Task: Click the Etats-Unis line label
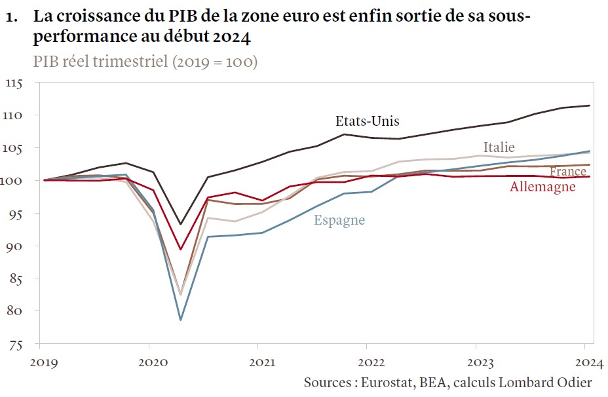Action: pyautogui.click(x=367, y=121)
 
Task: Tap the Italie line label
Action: pyautogui.click(x=499, y=147)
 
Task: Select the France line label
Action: pyautogui.click(x=568, y=172)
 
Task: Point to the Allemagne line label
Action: pyautogui.click(x=542, y=187)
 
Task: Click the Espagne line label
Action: pyautogui.click(x=339, y=220)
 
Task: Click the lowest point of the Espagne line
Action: pyautogui.click(x=180, y=320)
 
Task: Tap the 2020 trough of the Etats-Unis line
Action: pyautogui.click(x=180, y=225)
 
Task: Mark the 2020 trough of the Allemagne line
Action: pyautogui.click(x=180, y=250)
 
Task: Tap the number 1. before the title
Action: pyautogui.click(x=10, y=18)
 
